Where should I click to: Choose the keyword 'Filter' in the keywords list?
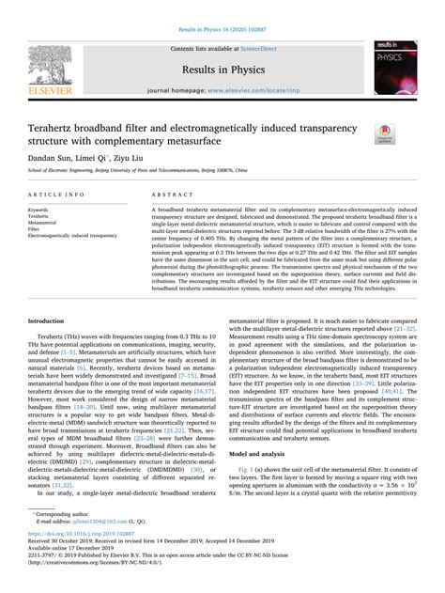[x=39, y=228]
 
